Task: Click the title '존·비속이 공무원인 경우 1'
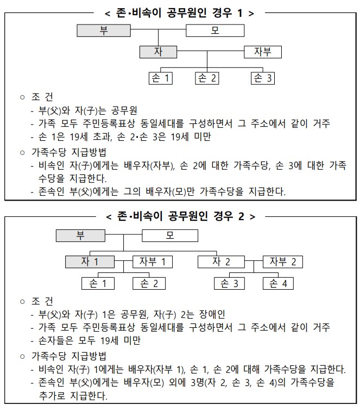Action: [180, 13]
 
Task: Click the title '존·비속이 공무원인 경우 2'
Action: [180, 216]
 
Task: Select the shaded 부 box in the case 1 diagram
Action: [104, 30]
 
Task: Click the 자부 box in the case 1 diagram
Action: [263, 52]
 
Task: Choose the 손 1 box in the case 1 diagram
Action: [161, 78]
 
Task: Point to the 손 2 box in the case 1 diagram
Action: [207, 78]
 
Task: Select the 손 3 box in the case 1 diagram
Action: [263, 78]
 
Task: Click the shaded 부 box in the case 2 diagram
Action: [81, 235]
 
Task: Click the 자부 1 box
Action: [153, 261]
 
